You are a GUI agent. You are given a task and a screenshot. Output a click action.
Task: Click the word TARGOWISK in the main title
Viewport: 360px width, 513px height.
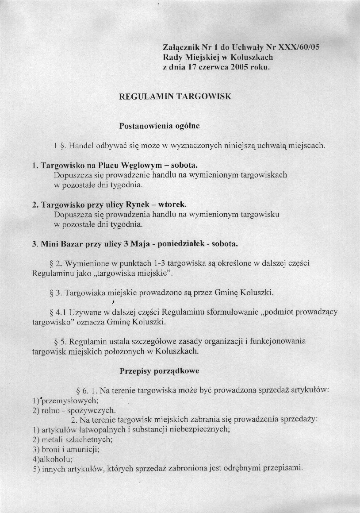coord(205,96)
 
